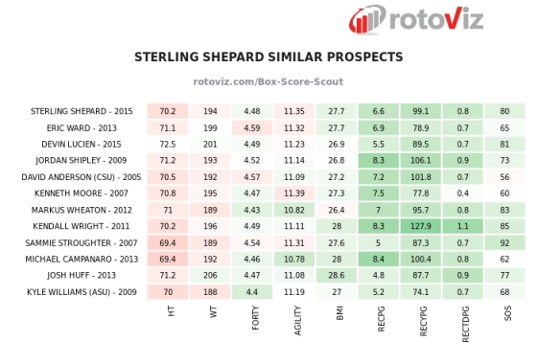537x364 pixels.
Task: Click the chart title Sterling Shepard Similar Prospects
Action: coord(268,57)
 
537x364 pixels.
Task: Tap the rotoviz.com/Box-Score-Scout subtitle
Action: coord(268,82)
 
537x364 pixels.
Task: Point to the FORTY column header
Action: coord(253,317)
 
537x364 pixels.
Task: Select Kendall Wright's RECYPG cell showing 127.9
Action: coord(421,226)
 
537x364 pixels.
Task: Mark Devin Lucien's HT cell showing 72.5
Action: coord(168,144)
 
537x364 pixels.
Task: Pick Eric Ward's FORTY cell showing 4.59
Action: coord(252,127)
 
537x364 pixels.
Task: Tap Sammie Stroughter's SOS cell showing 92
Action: coord(504,242)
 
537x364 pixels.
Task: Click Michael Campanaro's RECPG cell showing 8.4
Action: coord(378,259)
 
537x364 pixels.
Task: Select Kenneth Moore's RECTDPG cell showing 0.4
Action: coord(463,193)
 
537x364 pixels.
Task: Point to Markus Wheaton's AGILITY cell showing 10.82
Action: coord(294,210)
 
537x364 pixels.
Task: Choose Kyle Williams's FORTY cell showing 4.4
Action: coord(252,290)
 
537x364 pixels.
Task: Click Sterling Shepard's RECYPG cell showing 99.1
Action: coord(421,111)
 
